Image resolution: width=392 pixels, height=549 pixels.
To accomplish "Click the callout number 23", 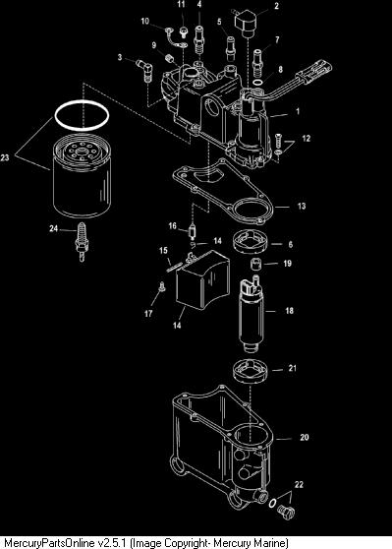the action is click(5, 157).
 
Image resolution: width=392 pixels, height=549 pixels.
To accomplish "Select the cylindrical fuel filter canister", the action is click(82, 178).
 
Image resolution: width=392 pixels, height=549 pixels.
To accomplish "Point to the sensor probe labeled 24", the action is click(82, 242).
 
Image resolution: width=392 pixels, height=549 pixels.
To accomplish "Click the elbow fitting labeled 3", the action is click(144, 69).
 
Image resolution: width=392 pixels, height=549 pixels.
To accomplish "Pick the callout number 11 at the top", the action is click(181, 5).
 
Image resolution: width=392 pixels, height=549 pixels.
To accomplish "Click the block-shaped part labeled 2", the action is click(246, 21).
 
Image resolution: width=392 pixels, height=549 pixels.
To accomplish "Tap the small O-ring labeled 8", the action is click(257, 83).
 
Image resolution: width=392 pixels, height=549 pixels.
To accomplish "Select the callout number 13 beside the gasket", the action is click(302, 206).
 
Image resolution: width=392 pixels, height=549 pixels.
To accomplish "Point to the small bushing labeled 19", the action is click(255, 264).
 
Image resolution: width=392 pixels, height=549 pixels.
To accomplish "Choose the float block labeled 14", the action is click(202, 280).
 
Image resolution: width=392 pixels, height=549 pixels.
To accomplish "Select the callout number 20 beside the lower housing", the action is click(305, 437).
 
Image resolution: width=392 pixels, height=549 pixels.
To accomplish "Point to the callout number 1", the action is click(298, 111).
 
